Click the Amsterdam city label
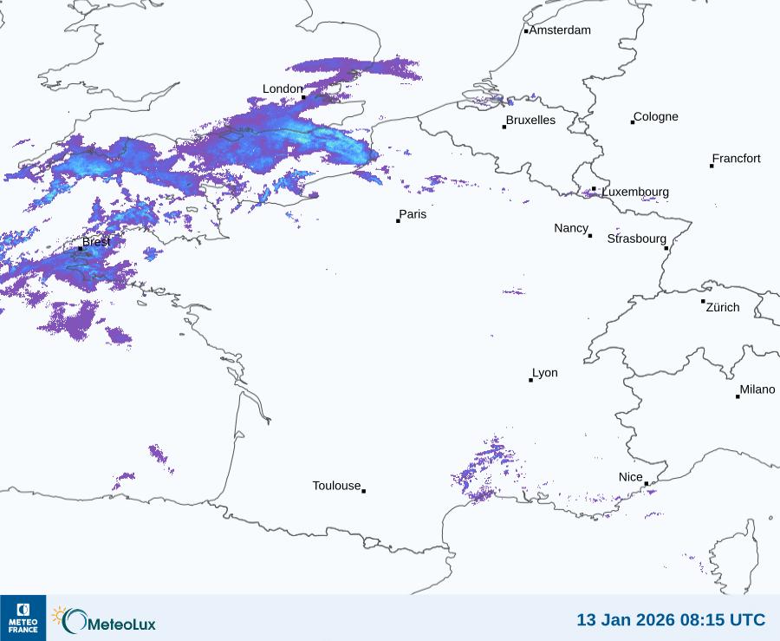coord(560,30)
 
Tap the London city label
coord(283,89)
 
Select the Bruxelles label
coord(530,121)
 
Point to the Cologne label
coord(656,117)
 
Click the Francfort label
coord(737,159)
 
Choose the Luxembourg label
coord(635,192)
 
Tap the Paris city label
coord(413,214)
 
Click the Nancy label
coord(571,228)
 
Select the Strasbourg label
coord(637,239)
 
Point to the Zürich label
coord(724,307)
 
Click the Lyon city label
coord(545,373)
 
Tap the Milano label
coord(757,390)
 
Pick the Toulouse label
coord(336,486)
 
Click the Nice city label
coord(631,477)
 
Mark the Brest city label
coord(96,242)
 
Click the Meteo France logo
coord(23,618)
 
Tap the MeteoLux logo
coord(105,619)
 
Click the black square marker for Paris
coord(398,221)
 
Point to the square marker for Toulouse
coord(363,491)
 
